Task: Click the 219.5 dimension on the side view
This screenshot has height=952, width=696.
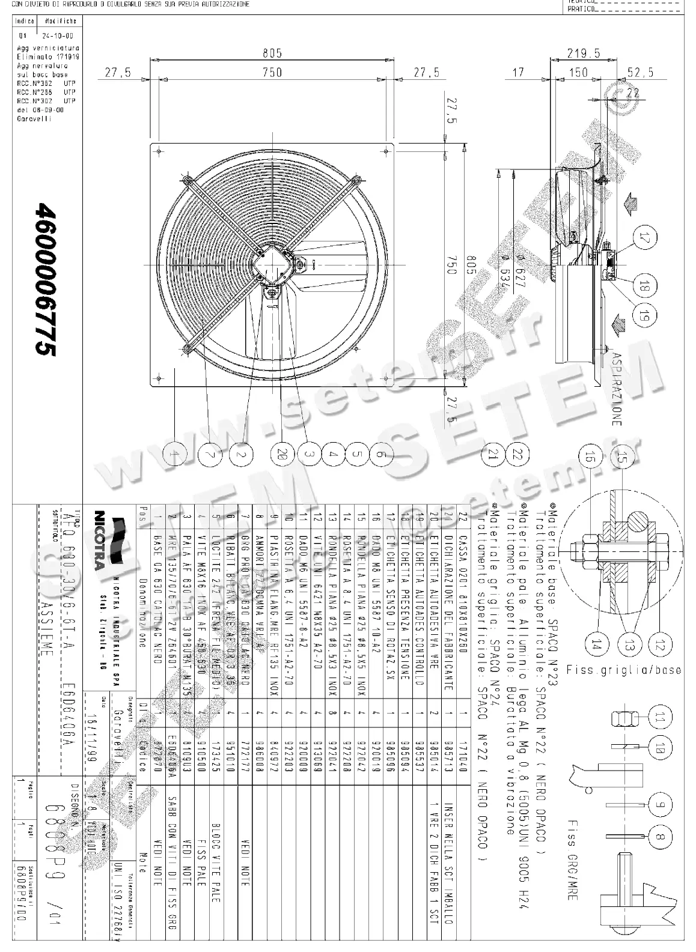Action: click(583, 53)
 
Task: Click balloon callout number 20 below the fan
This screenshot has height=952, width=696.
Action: click(279, 455)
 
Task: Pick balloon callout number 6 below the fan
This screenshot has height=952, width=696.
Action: click(381, 455)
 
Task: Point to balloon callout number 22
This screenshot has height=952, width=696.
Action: click(517, 455)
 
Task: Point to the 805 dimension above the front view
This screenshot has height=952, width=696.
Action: click(272, 53)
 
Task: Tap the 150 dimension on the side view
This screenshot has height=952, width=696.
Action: click(578, 73)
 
